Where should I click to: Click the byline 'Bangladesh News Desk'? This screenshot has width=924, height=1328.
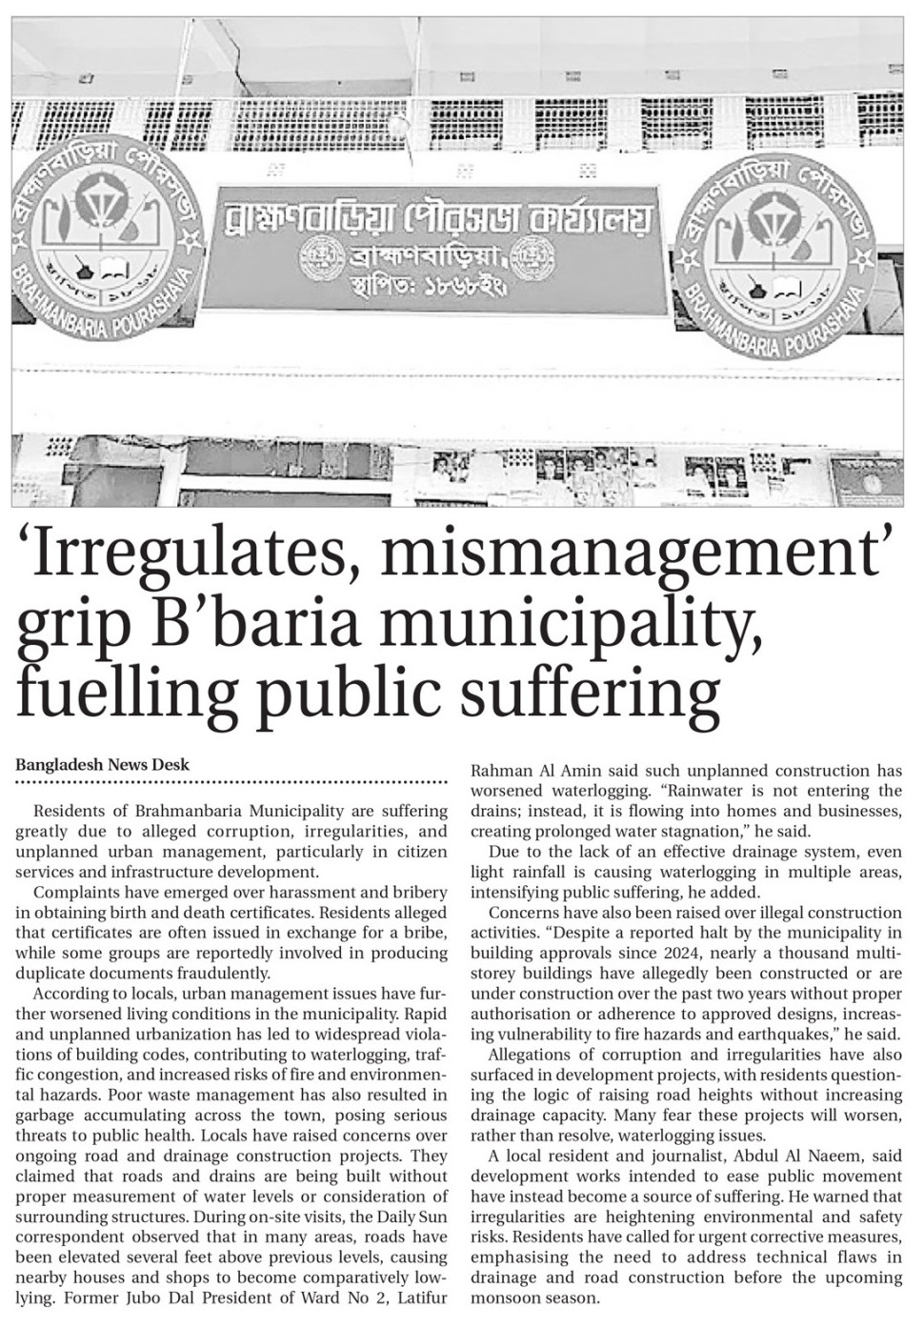coord(102,764)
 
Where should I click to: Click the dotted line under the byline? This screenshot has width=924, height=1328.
coord(231,782)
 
